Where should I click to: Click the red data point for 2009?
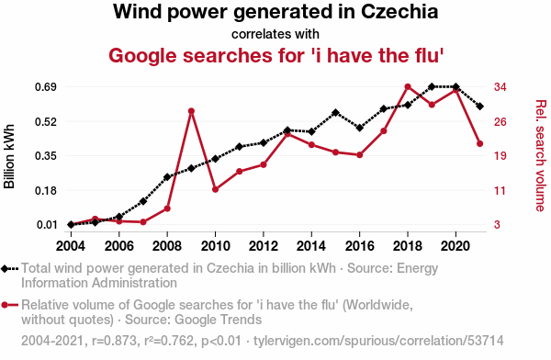pyautogui.click(x=191, y=111)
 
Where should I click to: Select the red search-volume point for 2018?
pyautogui.click(x=408, y=87)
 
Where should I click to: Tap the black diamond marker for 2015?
pyautogui.click(x=335, y=112)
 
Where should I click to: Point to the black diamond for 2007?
pyautogui.click(x=143, y=201)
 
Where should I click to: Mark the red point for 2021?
pyautogui.click(x=479, y=143)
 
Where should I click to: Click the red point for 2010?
pyautogui.click(x=216, y=189)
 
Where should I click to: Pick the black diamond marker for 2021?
pyautogui.click(x=479, y=107)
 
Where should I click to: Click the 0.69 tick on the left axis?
pyautogui.click(x=46, y=87)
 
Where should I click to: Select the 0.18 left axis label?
pyautogui.click(x=46, y=190)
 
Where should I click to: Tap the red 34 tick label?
pyautogui.click(x=500, y=87)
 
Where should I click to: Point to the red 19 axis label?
pyautogui.click(x=500, y=156)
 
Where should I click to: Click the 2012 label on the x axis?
pyautogui.click(x=264, y=246)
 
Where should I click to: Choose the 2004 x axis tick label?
pyautogui.click(x=71, y=246)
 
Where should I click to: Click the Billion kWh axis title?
pyautogui.click(x=9, y=156)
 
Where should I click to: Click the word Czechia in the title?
pyautogui.click(x=399, y=11)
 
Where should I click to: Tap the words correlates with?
pyautogui.click(x=275, y=34)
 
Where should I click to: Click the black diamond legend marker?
pyautogui.click(x=5, y=269)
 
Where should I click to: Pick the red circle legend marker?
pyautogui.click(x=5, y=305)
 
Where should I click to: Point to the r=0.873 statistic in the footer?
pyautogui.click(x=114, y=341)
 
